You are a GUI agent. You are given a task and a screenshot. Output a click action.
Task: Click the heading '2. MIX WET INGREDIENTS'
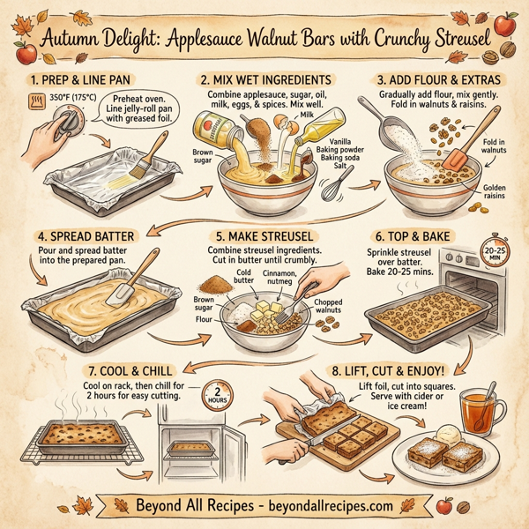(266, 78)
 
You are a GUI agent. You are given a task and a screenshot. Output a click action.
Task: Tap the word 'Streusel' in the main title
(444, 41)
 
